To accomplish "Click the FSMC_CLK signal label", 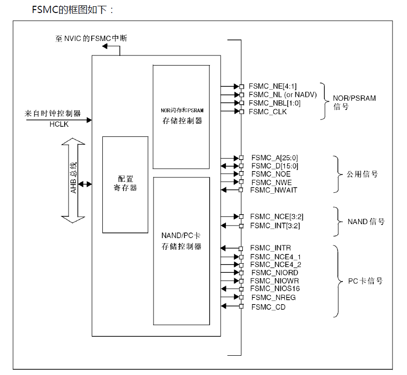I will coord(267,112).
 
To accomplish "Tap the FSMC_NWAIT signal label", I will coord(274,190).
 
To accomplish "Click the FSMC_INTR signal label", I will coord(270,248).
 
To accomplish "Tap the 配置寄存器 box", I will coord(125,184).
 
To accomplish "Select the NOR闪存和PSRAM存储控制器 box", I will coord(181,117).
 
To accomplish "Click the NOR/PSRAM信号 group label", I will coord(354,102).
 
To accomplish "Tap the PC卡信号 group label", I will coord(365,281).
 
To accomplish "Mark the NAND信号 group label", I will coord(366,222).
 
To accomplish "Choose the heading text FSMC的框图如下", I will coord(72,10).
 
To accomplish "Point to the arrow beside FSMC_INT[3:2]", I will coord(229,225).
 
